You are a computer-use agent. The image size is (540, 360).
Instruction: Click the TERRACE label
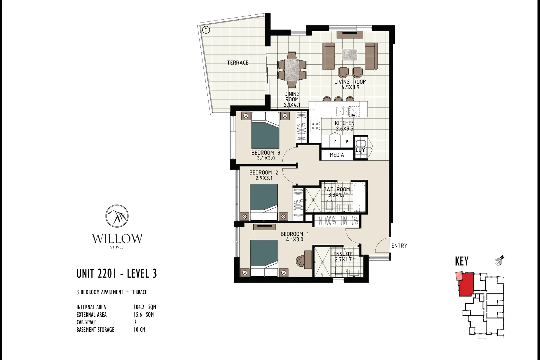coord(237,63)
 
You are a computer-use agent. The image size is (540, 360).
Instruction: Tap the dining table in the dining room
coord(292,70)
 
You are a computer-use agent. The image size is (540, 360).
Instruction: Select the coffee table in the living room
coord(349,54)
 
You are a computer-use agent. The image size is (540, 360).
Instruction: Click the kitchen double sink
coord(342,111)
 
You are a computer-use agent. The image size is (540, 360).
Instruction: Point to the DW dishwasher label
coord(353,115)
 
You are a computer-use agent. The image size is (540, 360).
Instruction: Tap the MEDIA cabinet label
coord(337,155)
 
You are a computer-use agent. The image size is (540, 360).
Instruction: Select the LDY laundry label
coord(360,150)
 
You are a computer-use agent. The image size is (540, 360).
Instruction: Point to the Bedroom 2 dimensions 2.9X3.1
coord(264,178)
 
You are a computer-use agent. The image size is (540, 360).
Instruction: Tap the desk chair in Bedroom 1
coord(300,260)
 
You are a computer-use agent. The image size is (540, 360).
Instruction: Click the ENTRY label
coord(399,246)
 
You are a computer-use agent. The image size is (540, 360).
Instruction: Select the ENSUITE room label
coord(343,254)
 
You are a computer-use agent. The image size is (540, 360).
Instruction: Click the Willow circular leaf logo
coord(117,216)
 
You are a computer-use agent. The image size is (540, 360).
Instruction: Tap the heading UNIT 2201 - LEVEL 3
coord(116,274)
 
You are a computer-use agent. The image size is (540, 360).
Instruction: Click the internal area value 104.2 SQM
coord(145,307)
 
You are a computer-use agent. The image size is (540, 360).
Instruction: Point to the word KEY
coord(462,261)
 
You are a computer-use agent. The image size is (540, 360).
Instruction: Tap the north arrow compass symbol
coord(499,261)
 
